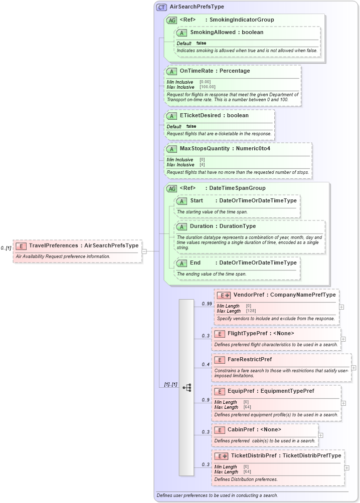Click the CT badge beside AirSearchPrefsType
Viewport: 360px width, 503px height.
tap(162, 7)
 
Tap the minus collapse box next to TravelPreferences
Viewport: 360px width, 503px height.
tap(144, 251)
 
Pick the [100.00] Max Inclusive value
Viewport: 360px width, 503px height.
tap(208, 87)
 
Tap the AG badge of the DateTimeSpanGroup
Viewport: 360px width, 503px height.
tap(171, 188)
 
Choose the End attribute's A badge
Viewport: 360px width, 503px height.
tap(182, 263)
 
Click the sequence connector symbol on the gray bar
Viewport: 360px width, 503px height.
tap(187, 387)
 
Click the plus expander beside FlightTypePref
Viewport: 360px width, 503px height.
tap(343, 339)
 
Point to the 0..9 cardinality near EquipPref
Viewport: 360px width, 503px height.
tap(205, 400)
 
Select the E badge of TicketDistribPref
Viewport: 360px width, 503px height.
tap(222, 456)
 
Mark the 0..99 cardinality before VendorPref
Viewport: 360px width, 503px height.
tap(206, 304)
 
